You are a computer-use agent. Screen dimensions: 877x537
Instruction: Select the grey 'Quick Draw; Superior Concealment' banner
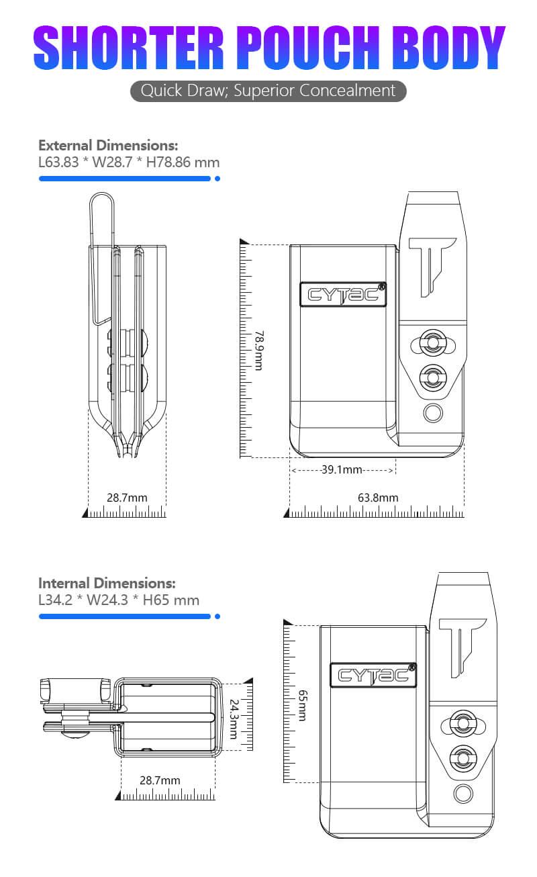tap(268, 91)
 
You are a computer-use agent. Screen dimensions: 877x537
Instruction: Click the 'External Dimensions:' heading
tap(108, 145)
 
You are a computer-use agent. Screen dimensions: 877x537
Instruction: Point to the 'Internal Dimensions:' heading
tap(107, 583)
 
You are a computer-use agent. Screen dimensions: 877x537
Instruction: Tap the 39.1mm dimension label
tap(341, 469)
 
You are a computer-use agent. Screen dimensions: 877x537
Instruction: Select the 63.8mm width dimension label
tap(378, 498)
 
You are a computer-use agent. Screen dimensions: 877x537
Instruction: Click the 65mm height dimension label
tap(301, 706)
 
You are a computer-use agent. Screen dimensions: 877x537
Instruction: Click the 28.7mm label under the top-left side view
tap(127, 498)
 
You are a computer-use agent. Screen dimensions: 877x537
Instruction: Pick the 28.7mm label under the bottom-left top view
tap(160, 780)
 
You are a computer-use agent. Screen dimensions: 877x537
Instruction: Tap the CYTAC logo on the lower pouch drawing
tap(373, 674)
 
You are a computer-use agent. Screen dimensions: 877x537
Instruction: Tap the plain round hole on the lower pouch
tap(463, 793)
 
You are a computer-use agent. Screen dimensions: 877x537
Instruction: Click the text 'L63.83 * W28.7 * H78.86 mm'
tap(129, 163)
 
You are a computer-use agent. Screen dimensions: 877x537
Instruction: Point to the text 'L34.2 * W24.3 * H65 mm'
tap(119, 600)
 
